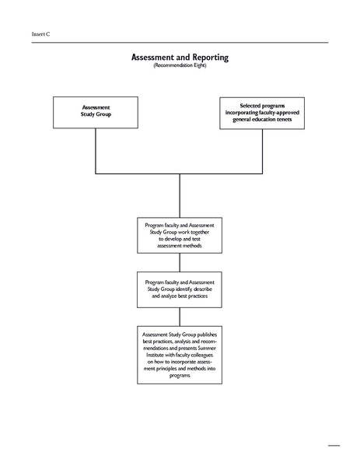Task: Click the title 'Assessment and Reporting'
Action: click(180, 58)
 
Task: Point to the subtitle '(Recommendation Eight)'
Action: click(180, 67)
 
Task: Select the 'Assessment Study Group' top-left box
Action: click(96, 112)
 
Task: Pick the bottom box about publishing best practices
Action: click(180, 354)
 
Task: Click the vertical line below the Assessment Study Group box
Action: click(96, 150)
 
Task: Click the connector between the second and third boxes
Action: click(180, 262)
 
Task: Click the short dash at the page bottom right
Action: click(334, 446)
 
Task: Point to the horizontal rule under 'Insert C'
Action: click(180, 42)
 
